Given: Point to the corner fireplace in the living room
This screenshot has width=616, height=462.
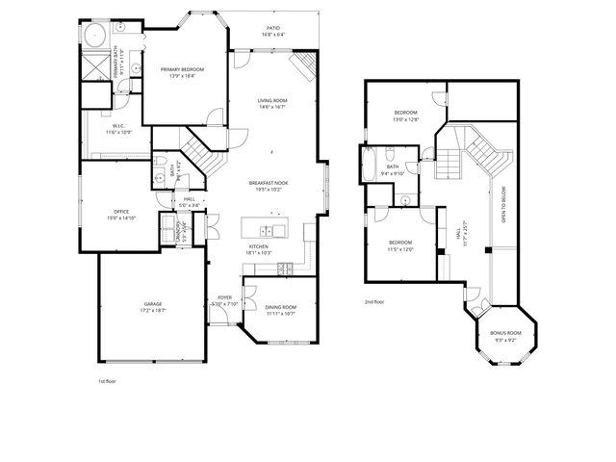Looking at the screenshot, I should click(306, 64).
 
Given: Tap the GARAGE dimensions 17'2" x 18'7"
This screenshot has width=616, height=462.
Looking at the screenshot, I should click(152, 310).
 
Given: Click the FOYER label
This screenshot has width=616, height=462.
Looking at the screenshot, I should click(224, 297).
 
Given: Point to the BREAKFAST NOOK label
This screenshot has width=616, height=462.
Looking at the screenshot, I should click(268, 183).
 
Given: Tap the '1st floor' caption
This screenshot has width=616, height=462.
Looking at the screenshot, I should click(107, 381).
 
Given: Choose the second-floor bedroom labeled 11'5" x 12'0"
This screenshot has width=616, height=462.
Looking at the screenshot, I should click(399, 244).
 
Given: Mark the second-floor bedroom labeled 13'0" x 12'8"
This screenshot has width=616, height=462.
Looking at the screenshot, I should click(405, 116).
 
